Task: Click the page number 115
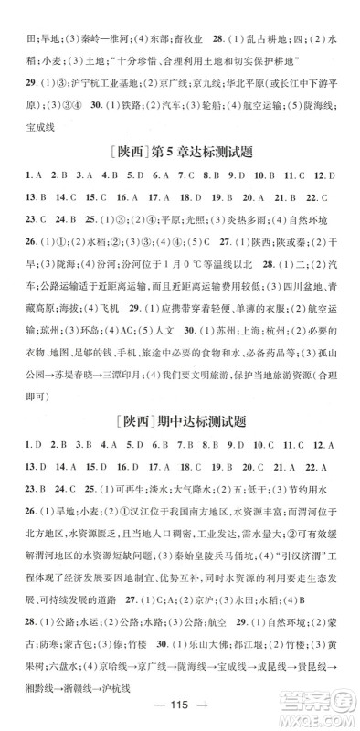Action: (x=179, y=713)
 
